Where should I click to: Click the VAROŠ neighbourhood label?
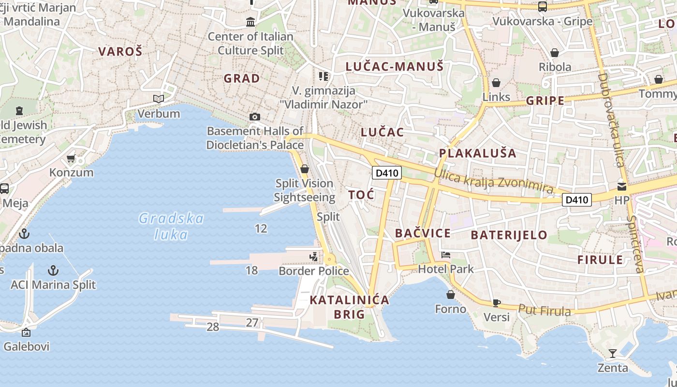click(120, 51)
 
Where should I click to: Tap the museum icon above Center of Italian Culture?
click(250, 22)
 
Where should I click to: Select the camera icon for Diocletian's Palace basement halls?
click(254, 117)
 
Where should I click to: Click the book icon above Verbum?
click(159, 99)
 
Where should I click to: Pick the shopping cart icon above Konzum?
click(71, 158)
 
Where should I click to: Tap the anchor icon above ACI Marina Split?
click(53, 270)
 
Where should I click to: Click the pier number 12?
click(261, 228)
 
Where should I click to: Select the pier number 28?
click(213, 327)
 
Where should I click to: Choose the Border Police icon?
click(314, 256)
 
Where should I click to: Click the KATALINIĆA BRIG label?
click(349, 307)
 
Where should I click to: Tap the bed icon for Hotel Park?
click(446, 254)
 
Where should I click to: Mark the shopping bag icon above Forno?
click(451, 294)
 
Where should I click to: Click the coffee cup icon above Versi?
click(496, 303)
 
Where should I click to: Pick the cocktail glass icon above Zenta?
click(613, 354)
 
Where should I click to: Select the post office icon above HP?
click(622, 186)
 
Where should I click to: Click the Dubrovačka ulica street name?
click(610, 119)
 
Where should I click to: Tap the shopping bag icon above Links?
click(496, 83)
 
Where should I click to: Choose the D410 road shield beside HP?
click(577, 199)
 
